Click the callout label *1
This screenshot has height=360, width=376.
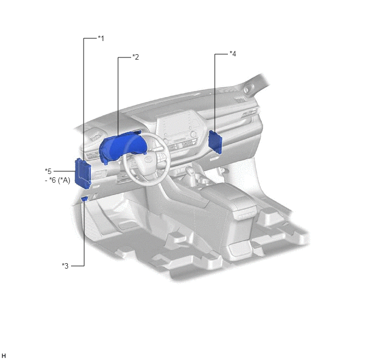[101, 38]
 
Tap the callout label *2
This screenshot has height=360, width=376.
[136, 57]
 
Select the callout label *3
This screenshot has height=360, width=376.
[65, 266]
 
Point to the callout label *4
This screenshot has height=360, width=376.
[233, 54]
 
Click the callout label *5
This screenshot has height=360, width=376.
[48, 171]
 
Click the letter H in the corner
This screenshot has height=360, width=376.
[4, 356]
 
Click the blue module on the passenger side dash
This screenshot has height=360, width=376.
[215, 142]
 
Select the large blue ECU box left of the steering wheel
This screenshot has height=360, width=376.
[83, 173]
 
